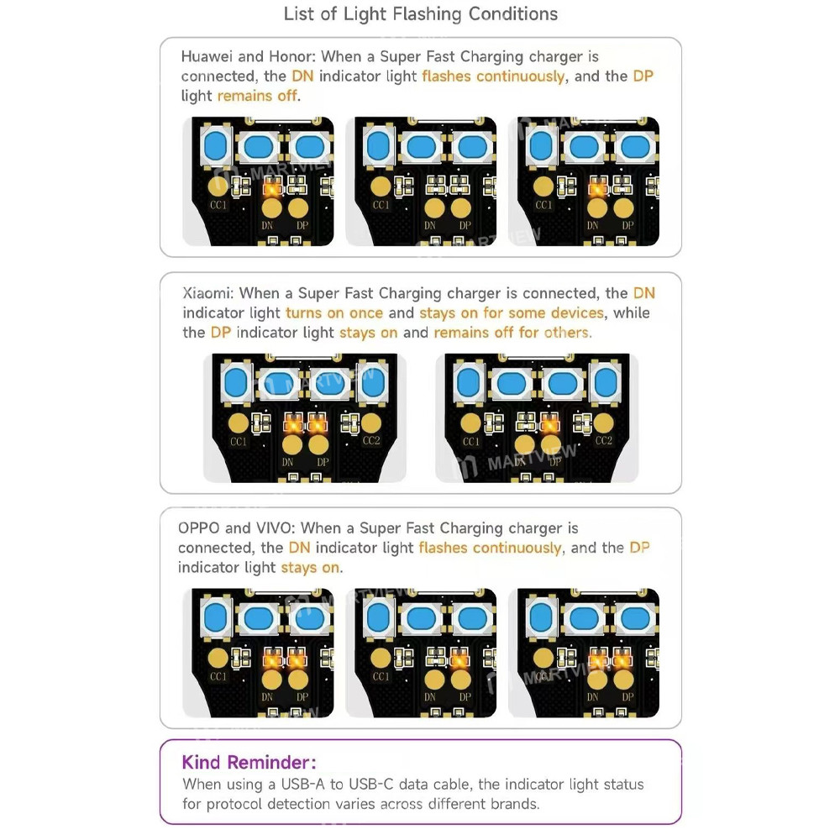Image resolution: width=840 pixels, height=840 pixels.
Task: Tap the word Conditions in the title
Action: pyautogui.click(x=513, y=13)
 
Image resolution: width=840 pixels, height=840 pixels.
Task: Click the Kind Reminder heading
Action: pyautogui.click(x=249, y=762)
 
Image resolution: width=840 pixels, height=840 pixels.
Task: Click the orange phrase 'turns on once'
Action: pyautogui.click(x=334, y=312)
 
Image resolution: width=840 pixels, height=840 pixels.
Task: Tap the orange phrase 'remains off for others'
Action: pyautogui.click(x=512, y=333)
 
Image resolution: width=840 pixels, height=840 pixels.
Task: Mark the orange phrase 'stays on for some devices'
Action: pyautogui.click(x=512, y=312)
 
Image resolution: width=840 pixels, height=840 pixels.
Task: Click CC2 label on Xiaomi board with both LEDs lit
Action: pyautogui.click(x=371, y=440)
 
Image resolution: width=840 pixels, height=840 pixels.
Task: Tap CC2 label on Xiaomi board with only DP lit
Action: pyautogui.click(x=604, y=440)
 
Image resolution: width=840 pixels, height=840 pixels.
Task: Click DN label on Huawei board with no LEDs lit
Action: pyautogui.click(x=430, y=225)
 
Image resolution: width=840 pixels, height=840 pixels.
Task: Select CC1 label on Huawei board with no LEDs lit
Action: pyautogui.click(x=381, y=205)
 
